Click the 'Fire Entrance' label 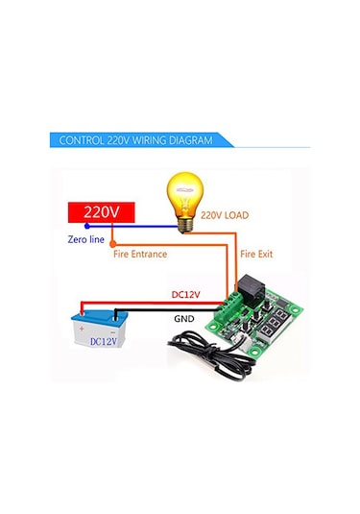pyautogui.click(x=141, y=254)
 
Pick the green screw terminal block pyautogui.click(x=232, y=309)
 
